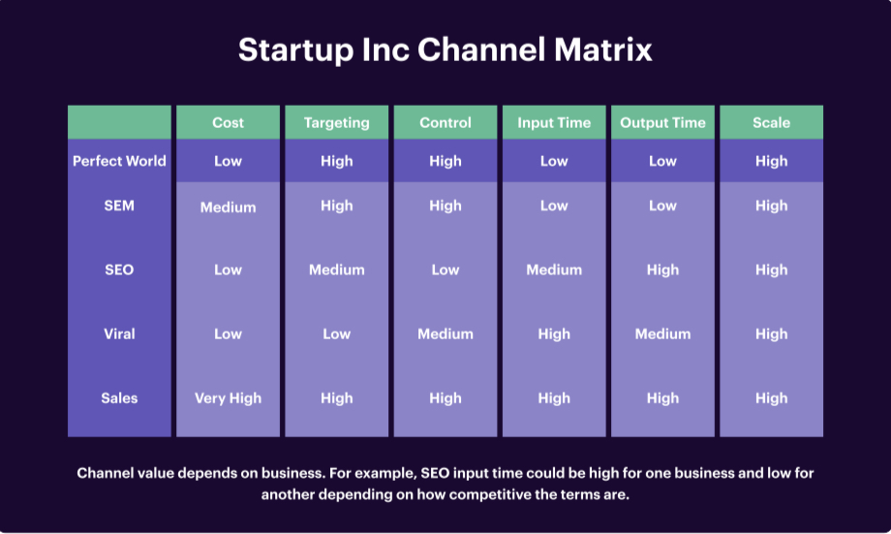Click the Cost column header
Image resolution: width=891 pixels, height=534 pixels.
point(228,123)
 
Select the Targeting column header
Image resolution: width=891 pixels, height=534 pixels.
point(336,123)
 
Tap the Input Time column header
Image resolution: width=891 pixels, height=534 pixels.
point(554,123)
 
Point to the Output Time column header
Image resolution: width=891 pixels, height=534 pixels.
point(662,123)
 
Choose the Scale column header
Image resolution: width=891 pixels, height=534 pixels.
point(771,123)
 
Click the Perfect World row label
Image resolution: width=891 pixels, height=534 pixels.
point(119,161)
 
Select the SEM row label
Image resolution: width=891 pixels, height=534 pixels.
point(119,205)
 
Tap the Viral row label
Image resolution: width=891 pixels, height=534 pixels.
point(119,333)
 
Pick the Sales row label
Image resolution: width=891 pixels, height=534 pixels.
point(119,397)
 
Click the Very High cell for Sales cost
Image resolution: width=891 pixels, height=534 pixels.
point(228,397)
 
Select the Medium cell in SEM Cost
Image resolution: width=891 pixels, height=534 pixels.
point(228,207)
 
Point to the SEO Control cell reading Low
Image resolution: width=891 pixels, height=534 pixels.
point(445,269)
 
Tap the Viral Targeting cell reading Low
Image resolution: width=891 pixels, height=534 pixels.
point(336,333)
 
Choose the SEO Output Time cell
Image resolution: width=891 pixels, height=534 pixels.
point(662,269)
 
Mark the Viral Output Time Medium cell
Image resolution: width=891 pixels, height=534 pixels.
point(662,333)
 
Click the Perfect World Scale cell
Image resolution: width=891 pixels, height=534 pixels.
point(771,161)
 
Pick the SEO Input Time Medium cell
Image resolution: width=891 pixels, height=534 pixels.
point(554,269)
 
